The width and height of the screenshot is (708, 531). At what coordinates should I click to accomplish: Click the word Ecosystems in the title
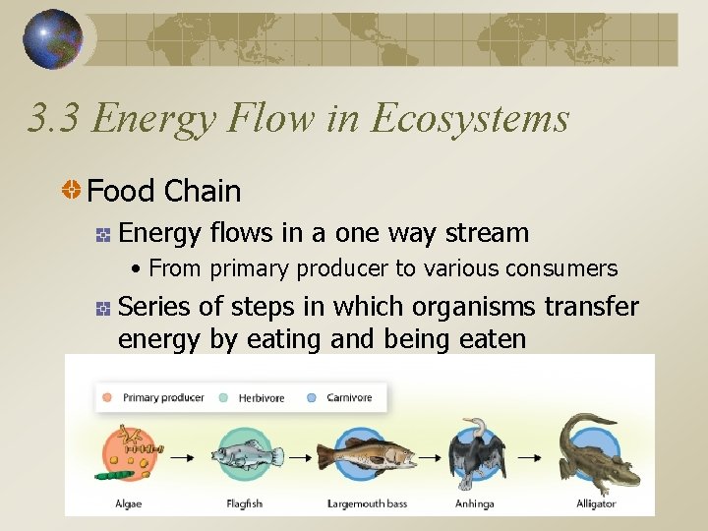coord(469,118)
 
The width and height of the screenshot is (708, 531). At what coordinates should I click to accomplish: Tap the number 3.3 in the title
coord(54,118)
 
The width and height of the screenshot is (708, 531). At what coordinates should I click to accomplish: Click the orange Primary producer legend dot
coord(106,398)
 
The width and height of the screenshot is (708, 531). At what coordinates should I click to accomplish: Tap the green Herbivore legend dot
coord(223,398)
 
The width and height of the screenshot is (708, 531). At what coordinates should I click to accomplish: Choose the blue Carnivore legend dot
coord(311,398)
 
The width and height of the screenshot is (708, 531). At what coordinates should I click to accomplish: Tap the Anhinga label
coord(476,503)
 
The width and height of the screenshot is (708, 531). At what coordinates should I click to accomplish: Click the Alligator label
coord(596,503)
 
